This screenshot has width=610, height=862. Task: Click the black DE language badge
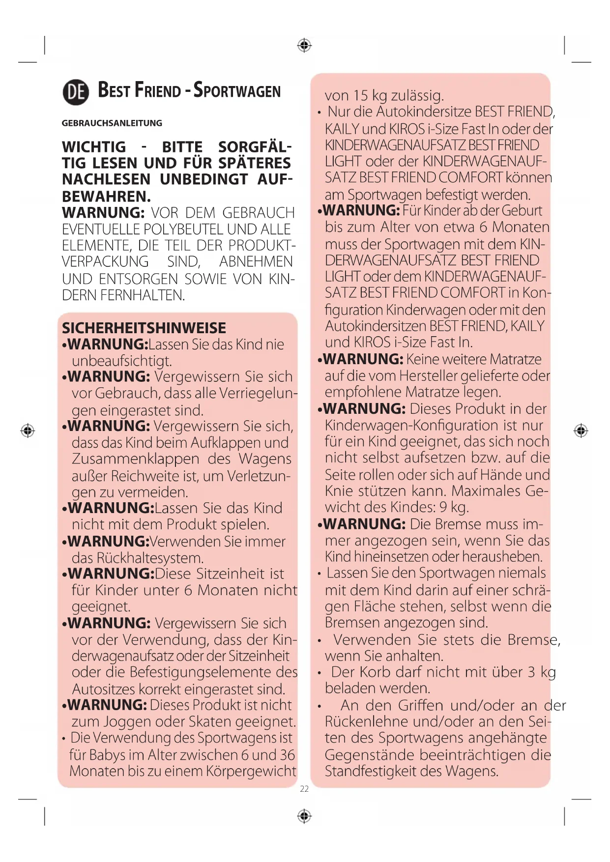[76, 92]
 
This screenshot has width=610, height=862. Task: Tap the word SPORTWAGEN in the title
[237, 91]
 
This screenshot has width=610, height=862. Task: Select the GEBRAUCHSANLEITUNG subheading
[112, 123]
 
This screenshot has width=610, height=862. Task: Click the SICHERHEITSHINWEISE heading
[144, 328]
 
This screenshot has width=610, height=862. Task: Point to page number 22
[304, 789]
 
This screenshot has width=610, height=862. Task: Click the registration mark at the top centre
[305, 46]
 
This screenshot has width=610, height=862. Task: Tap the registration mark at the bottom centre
[305, 816]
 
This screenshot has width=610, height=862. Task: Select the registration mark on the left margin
[28, 431]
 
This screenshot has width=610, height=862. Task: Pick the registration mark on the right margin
[581, 431]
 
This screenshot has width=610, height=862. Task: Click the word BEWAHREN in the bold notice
[105, 197]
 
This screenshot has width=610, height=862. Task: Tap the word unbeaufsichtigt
[122, 361]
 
